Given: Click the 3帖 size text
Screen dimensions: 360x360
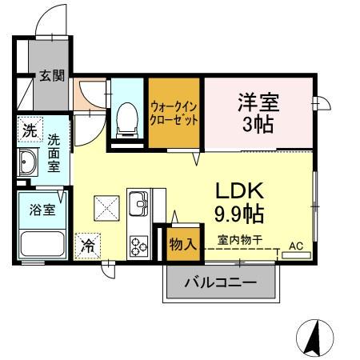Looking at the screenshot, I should pos(257,126).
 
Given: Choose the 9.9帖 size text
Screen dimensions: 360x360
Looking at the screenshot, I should pos(239,214).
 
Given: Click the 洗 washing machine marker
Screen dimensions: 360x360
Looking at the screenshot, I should pos(29,130).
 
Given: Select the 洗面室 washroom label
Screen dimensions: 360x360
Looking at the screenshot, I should pos(54,152).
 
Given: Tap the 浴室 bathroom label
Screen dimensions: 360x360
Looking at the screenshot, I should pos(42,210).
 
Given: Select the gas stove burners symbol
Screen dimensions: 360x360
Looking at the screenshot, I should pos(138,244).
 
